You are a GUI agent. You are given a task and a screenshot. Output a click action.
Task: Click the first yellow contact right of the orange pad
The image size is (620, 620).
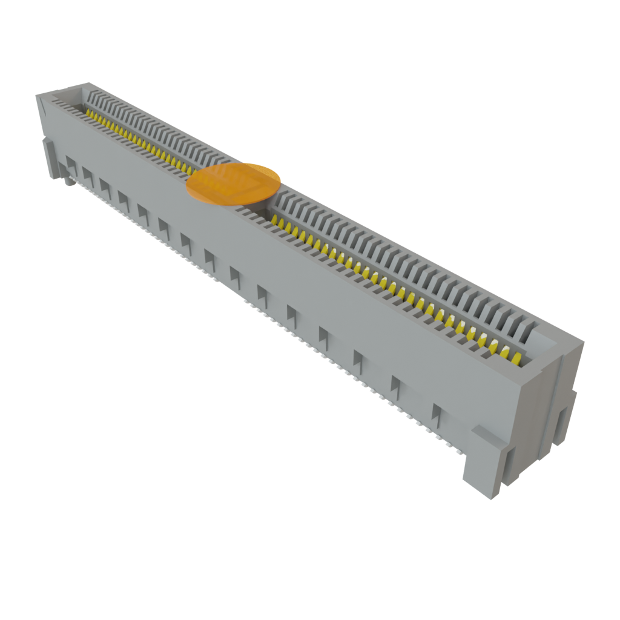click(x=276, y=222)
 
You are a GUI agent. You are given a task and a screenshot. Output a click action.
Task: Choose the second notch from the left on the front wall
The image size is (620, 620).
click(x=88, y=174)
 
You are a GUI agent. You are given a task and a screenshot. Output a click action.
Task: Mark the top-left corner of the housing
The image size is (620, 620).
click(x=38, y=96)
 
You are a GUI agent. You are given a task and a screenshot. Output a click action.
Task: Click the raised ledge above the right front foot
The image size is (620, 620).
click(x=481, y=432)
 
